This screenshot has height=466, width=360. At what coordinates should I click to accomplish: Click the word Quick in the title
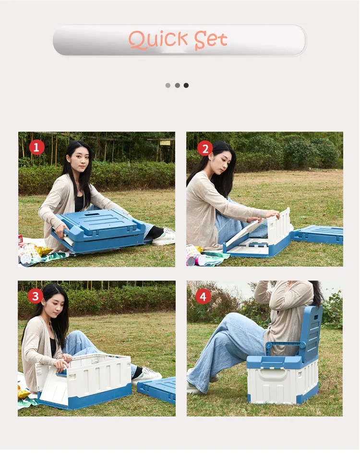pyautogui.click(x=158, y=40)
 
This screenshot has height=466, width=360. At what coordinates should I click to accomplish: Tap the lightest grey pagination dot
pyautogui.click(x=168, y=86)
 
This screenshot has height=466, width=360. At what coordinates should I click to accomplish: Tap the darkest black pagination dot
pyautogui.click(x=186, y=86)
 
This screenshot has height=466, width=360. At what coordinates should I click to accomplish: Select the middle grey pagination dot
pyautogui.click(x=177, y=86)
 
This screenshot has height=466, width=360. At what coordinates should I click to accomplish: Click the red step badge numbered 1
pyautogui.click(x=37, y=147)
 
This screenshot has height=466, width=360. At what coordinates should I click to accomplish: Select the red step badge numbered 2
pyautogui.click(x=205, y=148)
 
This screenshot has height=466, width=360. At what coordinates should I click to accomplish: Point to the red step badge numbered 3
pyautogui.click(x=35, y=296)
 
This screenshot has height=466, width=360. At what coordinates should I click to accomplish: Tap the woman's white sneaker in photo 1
pyautogui.click(x=164, y=236)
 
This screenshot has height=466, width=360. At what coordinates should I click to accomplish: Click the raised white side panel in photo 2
pyautogui.click(x=279, y=226)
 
